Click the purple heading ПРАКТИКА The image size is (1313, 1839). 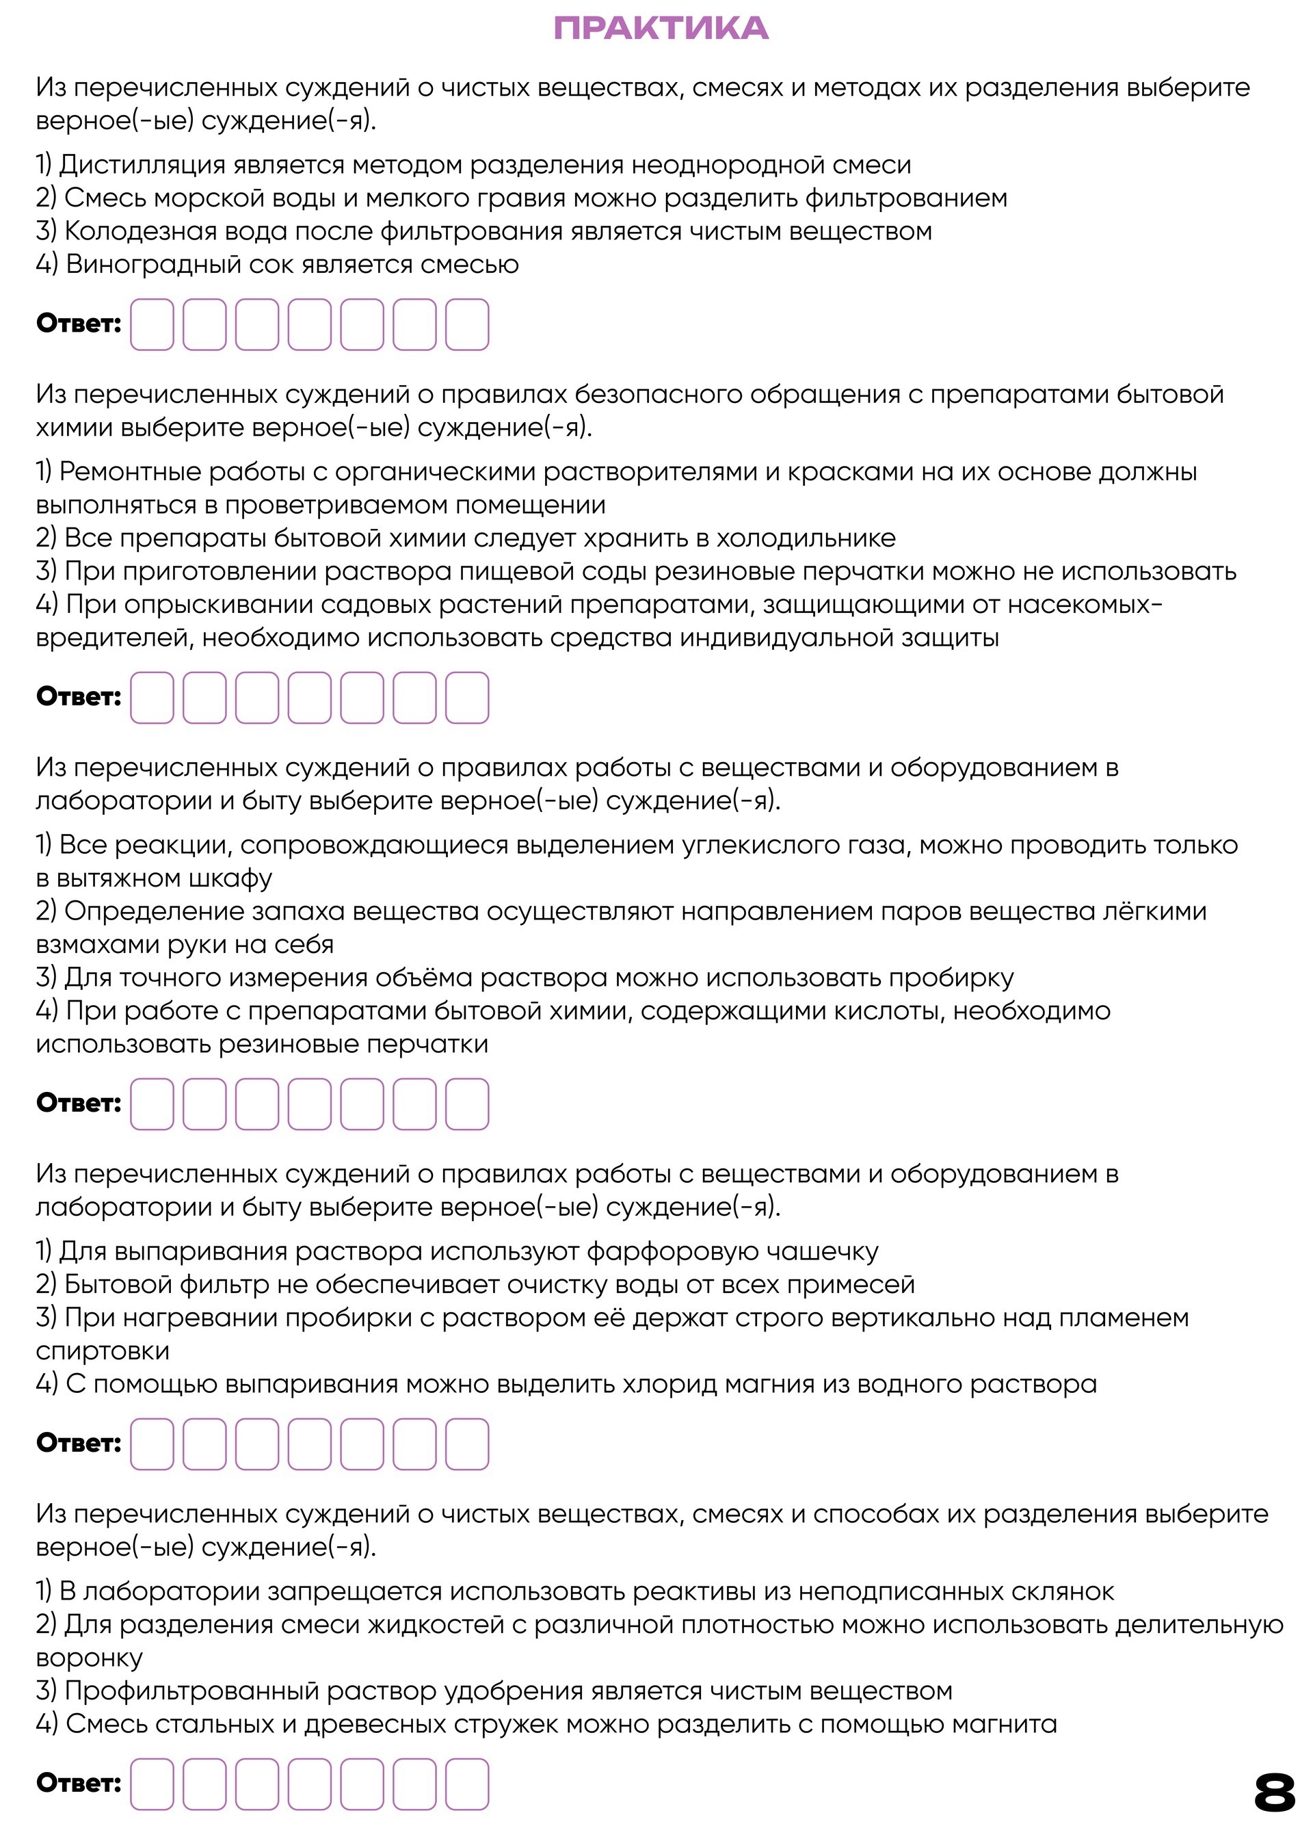pos(661,28)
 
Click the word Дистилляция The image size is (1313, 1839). pos(142,165)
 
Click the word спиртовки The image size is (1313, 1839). pos(103,1351)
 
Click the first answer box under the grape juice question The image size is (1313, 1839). pos(152,324)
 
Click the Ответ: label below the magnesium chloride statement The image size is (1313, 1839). pos(79,1443)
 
